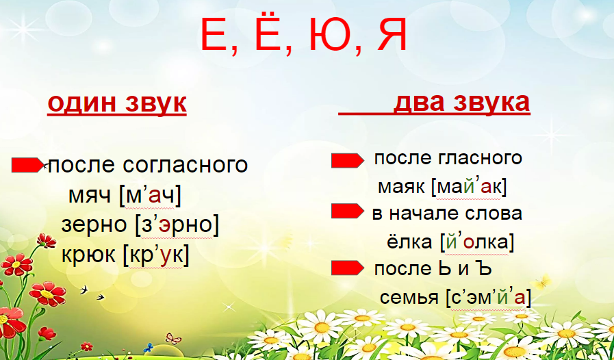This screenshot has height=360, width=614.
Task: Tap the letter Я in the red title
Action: pyautogui.click(x=392, y=36)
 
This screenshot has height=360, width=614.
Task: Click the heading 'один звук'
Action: pyautogui.click(x=116, y=103)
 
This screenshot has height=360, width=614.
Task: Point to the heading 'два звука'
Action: pyautogui.click(x=461, y=103)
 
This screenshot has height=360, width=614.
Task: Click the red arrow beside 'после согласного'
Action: pyautogui.click(x=28, y=165)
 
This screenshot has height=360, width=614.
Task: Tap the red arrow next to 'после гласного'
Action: pyautogui.click(x=347, y=161)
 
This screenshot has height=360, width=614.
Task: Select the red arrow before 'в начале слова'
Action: pyautogui.click(x=347, y=211)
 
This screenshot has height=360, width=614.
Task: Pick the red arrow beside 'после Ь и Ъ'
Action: pyautogui.click(x=347, y=268)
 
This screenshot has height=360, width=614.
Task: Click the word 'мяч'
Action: pyautogui.click(x=90, y=196)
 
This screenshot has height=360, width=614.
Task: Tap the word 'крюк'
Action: pyautogui.click(x=88, y=255)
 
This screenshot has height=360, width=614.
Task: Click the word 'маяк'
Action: pyautogui.click(x=401, y=188)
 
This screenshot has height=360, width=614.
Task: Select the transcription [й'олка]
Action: pyautogui.click(x=476, y=242)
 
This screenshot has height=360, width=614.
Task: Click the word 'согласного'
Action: pyautogui.click(x=186, y=165)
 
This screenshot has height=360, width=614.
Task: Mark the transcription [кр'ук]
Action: pyautogui.click(x=156, y=255)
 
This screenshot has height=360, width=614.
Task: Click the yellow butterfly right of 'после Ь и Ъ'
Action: pyautogui.click(x=541, y=282)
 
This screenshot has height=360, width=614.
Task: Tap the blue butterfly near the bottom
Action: pyautogui.click(x=148, y=348)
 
